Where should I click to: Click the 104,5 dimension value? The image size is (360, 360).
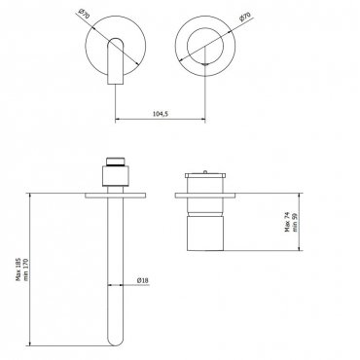pos(161,114)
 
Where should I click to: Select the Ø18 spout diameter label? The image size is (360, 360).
pos(143,280)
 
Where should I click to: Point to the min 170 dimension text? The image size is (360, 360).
pos(26,270)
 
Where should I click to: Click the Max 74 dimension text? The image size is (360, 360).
pos(287,222)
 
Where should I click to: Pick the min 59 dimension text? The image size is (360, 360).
pos(295,222)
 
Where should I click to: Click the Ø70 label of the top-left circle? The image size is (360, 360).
pos(84,15)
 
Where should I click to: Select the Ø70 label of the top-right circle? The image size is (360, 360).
pos(245,16)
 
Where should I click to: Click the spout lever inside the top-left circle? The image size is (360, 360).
pos(116,61)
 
